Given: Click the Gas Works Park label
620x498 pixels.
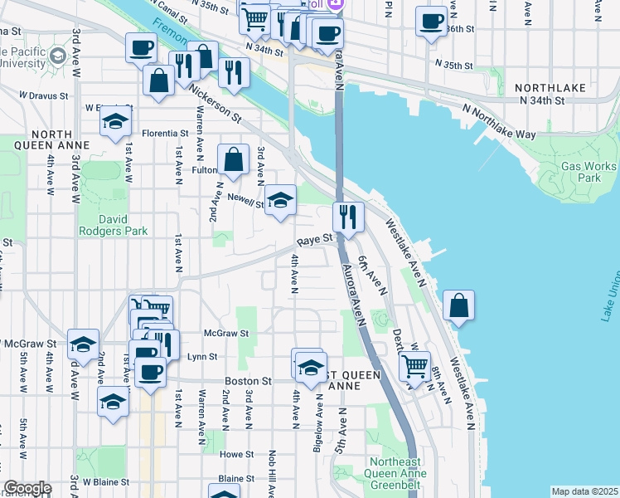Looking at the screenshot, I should [x=579, y=172].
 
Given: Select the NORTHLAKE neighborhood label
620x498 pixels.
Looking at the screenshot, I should [x=550, y=87].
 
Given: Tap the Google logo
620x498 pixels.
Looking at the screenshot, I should [x=27, y=488].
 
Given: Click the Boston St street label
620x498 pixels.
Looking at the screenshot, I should [x=248, y=381].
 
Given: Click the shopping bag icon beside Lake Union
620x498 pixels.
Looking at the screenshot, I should [x=458, y=305].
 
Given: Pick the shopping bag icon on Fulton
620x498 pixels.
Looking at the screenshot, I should [x=234, y=159].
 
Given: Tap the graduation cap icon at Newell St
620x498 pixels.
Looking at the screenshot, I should [x=281, y=199].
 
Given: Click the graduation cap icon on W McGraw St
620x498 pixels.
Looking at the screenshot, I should [x=83, y=344].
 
